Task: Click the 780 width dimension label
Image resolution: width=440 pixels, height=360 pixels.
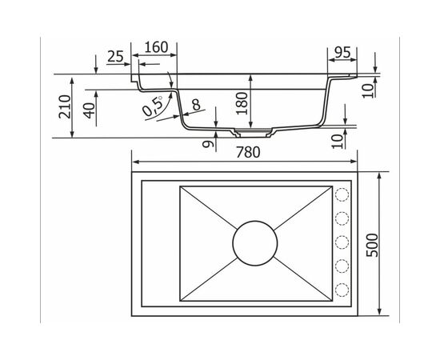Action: pyautogui.click(x=248, y=152)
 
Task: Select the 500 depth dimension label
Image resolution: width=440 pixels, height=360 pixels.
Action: pyautogui.click(x=372, y=245)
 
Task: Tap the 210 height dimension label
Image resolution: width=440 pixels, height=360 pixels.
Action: pyautogui.click(x=65, y=106)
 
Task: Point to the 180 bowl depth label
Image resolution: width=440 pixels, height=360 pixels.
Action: pyautogui.click(x=242, y=103)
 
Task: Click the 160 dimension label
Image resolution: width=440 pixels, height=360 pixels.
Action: pyautogui.click(x=156, y=47)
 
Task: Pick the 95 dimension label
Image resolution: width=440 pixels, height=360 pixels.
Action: pyautogui.click(x=342, y=52)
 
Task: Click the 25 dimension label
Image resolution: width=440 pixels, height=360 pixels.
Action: pyautogui.click(x=115, y=56)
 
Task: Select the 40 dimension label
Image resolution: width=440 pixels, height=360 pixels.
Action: pyautogui.click(x=90, y=110)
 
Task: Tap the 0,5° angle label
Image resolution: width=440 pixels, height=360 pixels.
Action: pyautogui.click(x=153, y=106)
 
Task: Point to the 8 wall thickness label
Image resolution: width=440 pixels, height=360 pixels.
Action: pyautogui.click(x=196, y=105)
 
